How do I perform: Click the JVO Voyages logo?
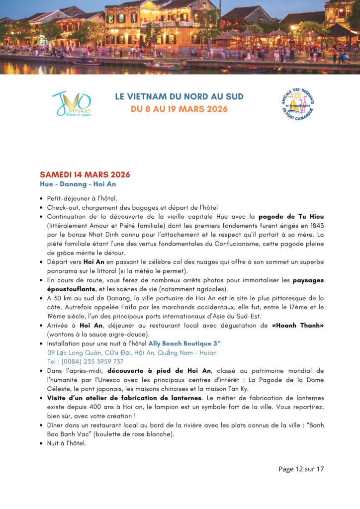coord(72,104)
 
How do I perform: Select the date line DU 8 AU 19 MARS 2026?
coord(179,109)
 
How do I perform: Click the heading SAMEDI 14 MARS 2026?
coord(85,174)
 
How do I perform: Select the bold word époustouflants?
coord(74,289)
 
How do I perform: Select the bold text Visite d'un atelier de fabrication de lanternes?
coord(124,398)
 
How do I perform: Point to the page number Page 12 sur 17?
coord(301,469)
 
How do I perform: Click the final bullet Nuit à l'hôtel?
coord(67,443)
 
